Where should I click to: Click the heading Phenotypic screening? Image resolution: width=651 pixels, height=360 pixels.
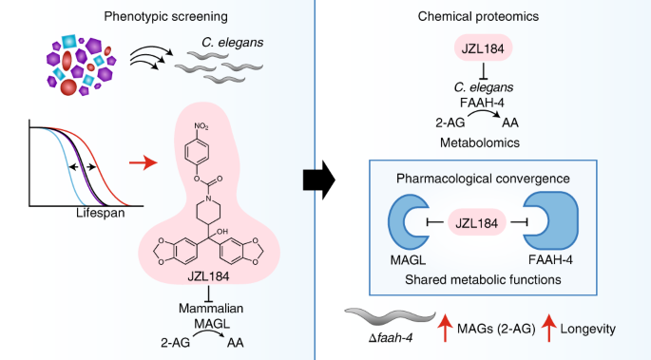click(165, 16)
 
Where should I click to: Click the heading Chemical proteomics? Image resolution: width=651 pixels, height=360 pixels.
click(478, 16)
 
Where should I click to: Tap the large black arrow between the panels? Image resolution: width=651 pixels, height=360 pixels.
click(319, 180)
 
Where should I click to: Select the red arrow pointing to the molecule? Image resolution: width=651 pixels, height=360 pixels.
click(144, 163)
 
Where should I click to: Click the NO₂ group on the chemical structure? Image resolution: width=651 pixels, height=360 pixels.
click(201, 126)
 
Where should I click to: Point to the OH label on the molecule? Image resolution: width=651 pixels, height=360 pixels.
click(221, 232)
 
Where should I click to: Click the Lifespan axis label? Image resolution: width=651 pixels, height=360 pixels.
click(101, 213)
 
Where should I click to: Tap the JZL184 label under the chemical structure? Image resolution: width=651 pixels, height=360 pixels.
click(208, 276)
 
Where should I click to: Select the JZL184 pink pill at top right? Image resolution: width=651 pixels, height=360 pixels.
click(484, 48)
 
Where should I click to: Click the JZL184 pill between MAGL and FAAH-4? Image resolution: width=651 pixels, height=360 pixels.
click(477, 222)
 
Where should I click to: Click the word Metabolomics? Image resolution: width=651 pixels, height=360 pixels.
click(480, 142)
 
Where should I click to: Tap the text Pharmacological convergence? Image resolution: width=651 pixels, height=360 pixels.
click(483, 179)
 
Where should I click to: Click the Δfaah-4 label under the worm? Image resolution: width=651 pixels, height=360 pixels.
click(391, 338)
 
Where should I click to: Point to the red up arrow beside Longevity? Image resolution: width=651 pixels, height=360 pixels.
click(549, 328)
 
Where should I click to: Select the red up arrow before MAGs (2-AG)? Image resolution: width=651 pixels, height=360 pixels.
click(445, 328)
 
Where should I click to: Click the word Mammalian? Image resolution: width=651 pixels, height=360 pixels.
click(211, 308)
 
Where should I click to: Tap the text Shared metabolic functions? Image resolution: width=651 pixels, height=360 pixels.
click(483, 279)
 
